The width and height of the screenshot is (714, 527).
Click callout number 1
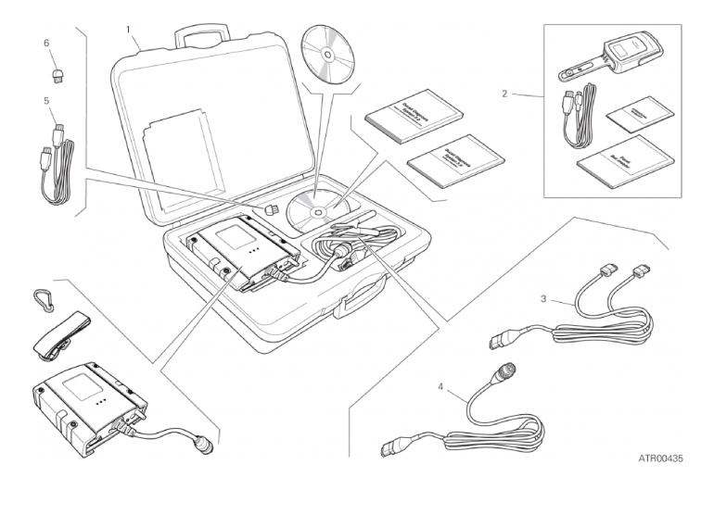coord(129,30)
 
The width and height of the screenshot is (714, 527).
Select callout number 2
coord(504,94)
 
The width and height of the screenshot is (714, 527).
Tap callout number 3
coord(543,299)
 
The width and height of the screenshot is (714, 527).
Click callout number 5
coord(45,99)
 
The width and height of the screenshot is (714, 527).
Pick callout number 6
coord(45,43)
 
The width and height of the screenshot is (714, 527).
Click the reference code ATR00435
coord(660,458)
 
